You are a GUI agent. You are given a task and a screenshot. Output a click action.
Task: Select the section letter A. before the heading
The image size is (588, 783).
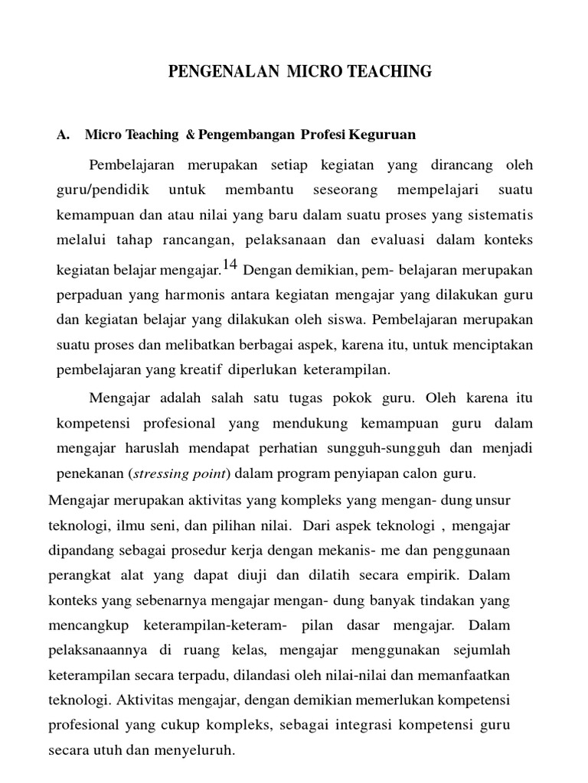[x=64, y=135]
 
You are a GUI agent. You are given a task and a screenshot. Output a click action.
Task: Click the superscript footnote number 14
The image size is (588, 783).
[x=230, y=265]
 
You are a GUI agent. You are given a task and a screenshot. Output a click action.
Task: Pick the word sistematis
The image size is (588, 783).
[x=501, y=215]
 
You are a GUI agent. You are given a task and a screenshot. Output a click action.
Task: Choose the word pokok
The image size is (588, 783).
[x=354, y=398]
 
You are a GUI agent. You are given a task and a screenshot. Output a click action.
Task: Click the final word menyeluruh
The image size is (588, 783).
[x=197, y=751]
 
